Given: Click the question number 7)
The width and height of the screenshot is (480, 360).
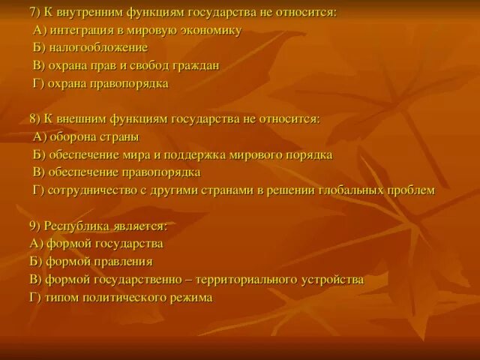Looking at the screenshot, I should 35,13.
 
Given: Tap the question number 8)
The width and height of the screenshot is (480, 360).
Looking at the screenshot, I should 35,120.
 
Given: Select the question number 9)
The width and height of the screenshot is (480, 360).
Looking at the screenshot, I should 35,226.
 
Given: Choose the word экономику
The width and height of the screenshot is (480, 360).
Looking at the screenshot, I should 212,31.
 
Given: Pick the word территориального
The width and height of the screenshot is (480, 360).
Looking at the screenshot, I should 247,280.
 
